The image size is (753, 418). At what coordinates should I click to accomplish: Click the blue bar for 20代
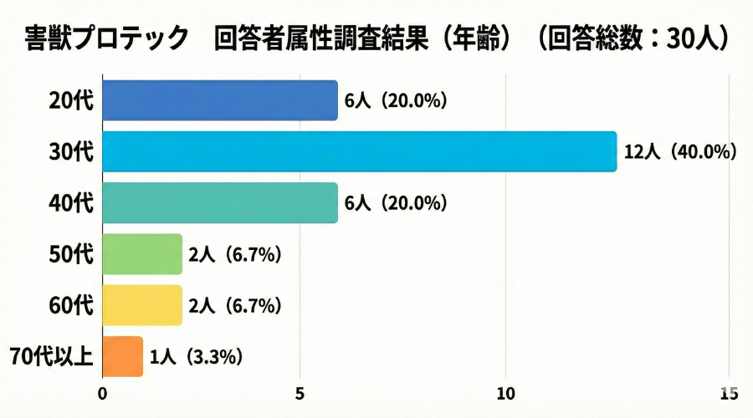coord(219,100)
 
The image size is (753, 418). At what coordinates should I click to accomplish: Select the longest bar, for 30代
coord(359,151)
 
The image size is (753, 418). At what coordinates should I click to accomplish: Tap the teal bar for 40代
coord(219,203)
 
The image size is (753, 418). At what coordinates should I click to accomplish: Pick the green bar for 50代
coord(141,254)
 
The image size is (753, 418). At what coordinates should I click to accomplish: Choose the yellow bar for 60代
coord(141,305)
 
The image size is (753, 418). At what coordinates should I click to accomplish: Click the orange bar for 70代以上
coord(122,356)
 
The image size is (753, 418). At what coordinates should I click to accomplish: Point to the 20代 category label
coord(72,100)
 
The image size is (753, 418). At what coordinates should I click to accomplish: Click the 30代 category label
coord(72,151)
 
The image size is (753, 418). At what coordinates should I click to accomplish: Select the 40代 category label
coord(72,203)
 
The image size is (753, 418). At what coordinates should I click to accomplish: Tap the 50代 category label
coord(72,254)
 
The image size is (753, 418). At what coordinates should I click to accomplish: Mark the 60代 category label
coord(72,305)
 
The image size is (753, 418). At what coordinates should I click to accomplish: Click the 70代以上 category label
coord(52,357)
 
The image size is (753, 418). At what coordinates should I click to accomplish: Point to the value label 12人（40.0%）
coord(679,151)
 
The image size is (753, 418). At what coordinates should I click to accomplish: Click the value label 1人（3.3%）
coord(196,357)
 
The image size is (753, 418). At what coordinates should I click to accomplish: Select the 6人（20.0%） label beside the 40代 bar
coord(396,203)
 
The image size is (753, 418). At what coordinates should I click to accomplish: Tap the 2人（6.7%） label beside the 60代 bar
coord(234,305)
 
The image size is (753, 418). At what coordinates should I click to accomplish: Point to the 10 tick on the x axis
coord(505,392)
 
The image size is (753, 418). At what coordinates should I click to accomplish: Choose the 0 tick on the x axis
coord(102,392)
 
